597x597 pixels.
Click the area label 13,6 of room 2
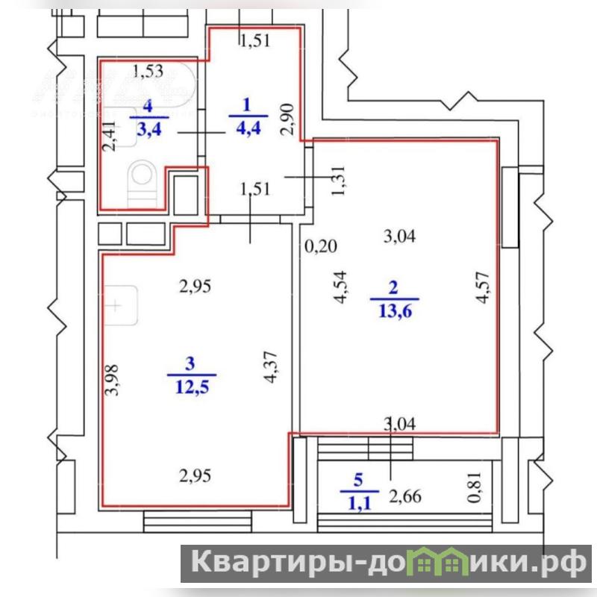[x=396, y=311]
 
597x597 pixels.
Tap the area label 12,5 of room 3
[x=193, y=387]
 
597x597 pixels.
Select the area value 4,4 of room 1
[x=249, y=128]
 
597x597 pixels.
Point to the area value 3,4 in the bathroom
[x=149, y=129]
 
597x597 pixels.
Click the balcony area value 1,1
[x=360, y=504]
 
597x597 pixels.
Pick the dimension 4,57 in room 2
[x=482, y=287]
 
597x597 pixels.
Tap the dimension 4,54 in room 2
[x=340, y=287]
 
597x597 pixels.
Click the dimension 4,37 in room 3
[x=271, y=366]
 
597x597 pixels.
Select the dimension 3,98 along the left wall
[x=112, y=380]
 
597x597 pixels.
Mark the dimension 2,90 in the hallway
[x=287, y=119]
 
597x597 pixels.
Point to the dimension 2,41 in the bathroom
[x=109, y=136]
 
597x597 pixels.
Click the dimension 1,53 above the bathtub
[x=148, y=71]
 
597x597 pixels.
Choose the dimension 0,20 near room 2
[x=321, y=246]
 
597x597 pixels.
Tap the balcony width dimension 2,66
[x=405, y=496]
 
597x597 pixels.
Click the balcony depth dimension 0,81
[x=475, y=488]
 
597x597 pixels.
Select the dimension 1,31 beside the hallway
[x=338, y=181]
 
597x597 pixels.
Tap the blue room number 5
[x=358, y=480]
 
